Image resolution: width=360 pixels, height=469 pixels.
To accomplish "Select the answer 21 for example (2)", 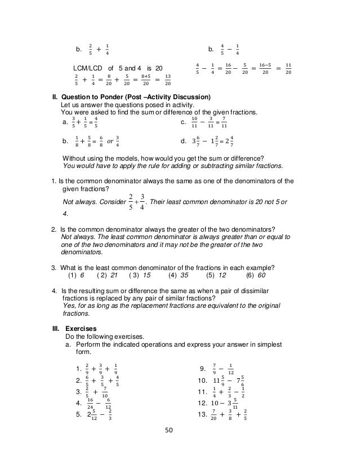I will coord(114,276).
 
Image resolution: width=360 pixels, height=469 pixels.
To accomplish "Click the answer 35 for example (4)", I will coord(184,276).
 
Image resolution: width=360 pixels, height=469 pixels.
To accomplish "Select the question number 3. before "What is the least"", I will coord(54,267).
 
